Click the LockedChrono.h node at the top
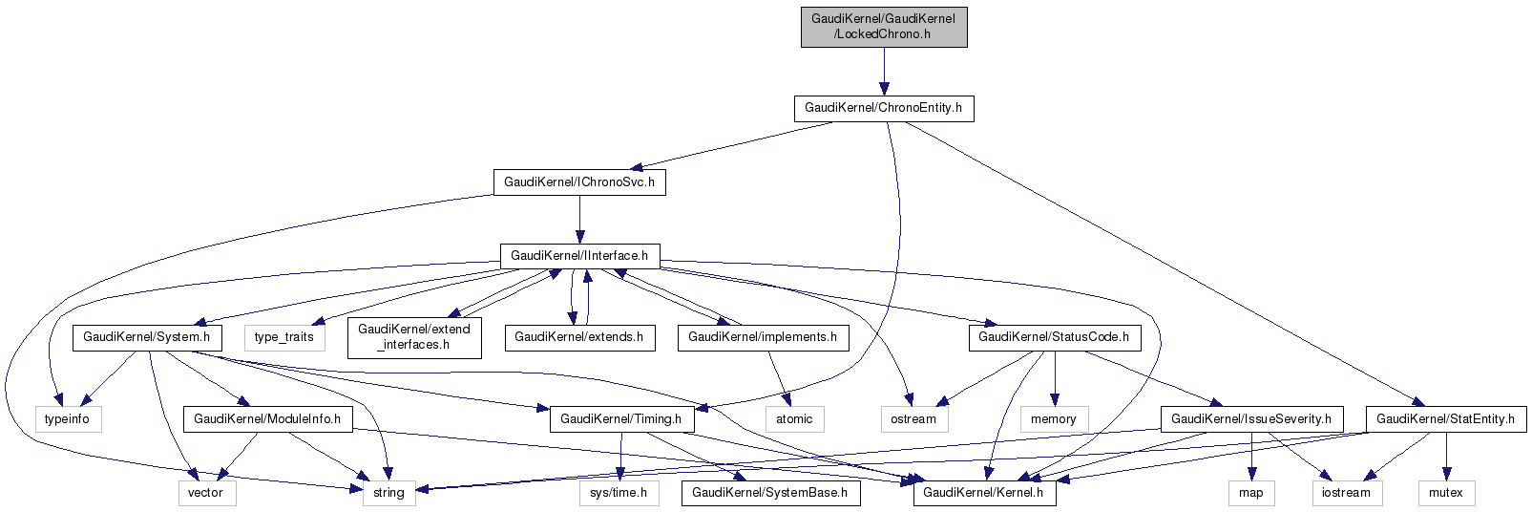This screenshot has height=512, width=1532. (883, 26)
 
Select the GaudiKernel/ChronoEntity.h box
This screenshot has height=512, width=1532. (883, 108)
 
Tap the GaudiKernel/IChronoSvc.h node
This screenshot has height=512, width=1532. (578, 182)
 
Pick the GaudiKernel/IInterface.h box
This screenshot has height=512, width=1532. (578, 256)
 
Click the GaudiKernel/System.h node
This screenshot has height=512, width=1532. (147, 337)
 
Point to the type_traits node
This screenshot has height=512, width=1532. (283, 337)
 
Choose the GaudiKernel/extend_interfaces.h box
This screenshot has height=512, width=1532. (413, 337)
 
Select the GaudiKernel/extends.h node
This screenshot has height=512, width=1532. (578, 337)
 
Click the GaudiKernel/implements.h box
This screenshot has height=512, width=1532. (762, 337)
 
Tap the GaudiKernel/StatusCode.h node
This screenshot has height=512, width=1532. (1053, 337)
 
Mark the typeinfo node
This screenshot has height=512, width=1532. (68, 419)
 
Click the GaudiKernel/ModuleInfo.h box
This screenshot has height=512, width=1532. (267, 419)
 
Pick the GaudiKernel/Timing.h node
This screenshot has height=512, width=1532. (620, 419)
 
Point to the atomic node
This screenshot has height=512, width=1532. (793, 419)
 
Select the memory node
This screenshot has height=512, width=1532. (1053, 419)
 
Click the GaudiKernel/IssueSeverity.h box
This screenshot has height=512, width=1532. (1250, 419)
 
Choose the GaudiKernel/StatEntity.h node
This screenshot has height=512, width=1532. (1445, 419)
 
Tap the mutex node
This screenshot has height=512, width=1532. (1445, 493)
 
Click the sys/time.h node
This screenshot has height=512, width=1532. (618, 493)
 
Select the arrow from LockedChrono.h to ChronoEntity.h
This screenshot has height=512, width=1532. (883, 72)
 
